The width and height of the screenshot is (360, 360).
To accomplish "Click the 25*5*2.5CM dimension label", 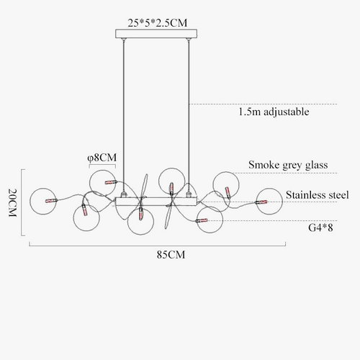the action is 157,23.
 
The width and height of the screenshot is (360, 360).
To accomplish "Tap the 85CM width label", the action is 171,255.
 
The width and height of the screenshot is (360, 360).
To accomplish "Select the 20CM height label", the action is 12,202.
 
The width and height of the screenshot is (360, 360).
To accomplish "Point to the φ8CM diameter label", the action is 102,158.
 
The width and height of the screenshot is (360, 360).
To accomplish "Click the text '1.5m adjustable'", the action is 274,112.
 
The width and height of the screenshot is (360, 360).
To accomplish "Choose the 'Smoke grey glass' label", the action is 288,165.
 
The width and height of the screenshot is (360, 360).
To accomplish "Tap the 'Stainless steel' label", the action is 317,194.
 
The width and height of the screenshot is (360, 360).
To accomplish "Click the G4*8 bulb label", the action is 320,228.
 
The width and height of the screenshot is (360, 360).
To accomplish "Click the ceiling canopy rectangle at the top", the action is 156,34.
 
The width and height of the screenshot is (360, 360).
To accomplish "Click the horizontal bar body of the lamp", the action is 156,201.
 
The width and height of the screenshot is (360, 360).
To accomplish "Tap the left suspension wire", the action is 124,115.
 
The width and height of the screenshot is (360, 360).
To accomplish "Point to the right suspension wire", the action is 189,115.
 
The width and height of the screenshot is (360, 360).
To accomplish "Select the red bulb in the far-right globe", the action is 261,202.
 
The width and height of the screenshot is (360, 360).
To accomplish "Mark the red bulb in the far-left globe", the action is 51,201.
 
